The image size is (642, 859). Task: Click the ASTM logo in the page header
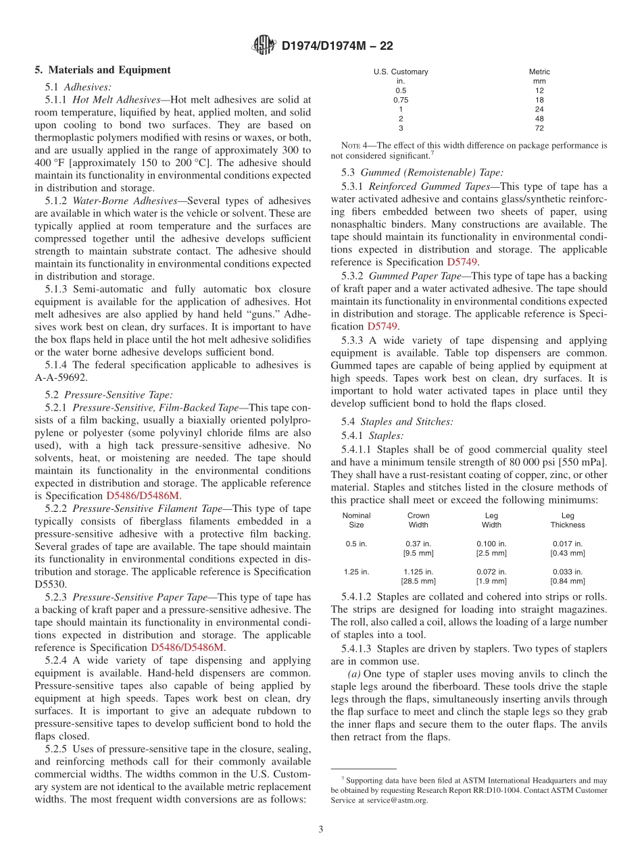tap(264, 45)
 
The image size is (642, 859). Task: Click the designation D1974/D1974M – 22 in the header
tap(337, 46)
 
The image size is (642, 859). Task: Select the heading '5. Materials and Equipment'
tap(103, 70)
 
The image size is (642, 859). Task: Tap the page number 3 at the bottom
tap(321, 829)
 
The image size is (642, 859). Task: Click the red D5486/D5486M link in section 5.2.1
tap(143, 496)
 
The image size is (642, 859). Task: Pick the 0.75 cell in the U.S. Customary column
tap(401, 100)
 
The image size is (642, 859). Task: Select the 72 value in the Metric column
tap(539, 128)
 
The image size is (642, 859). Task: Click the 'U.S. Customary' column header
tap(401, 72)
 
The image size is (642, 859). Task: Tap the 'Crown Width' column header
tap(418, 520)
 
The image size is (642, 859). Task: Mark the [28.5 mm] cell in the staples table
tap(418, 581)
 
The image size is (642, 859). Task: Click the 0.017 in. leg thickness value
tap(567, 544)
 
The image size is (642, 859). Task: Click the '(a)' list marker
tap(354, 674)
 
